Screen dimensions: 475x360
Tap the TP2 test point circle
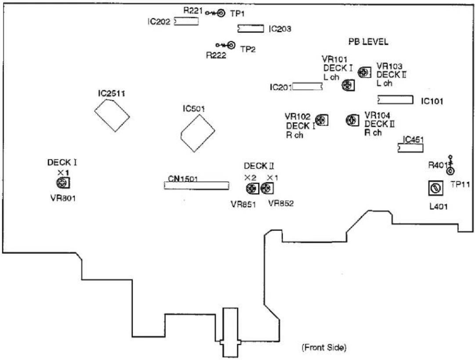coord(231,45)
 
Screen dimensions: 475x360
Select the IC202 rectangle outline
coord(187,22)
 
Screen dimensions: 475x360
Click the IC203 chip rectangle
coord(251,29)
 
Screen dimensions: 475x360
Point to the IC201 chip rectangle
coord(307,86)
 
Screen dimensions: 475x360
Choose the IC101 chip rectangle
coord(395,100)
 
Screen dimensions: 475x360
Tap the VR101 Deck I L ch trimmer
coord(348,85)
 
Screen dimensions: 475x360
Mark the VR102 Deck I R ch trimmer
coord(322,120)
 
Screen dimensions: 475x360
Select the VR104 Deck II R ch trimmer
coord(352,120)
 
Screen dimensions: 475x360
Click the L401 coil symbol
coord(436,188)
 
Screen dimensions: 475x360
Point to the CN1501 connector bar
coord(196,186)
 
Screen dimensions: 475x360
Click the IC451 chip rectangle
coord(410,148)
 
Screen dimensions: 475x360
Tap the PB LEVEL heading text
coord(368,41)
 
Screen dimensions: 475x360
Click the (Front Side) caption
coord(324,347)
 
